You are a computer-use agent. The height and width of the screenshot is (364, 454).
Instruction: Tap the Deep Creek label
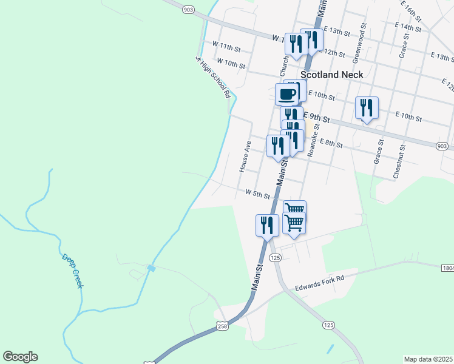coord(72,271)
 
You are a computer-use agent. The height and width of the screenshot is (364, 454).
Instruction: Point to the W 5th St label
coord(257,193)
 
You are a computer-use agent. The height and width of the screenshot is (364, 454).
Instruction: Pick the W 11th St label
coord(226,45)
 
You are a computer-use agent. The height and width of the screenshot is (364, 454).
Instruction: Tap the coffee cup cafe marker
coord(287,93)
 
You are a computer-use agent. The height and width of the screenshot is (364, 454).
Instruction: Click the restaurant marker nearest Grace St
coord(367,108)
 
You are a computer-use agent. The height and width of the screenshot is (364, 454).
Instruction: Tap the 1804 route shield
coord(447,267)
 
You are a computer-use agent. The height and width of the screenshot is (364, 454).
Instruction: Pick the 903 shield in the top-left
coord(188,9)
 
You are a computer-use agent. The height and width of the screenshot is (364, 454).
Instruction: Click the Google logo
coord(20,357)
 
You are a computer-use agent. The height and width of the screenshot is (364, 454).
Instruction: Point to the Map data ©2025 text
coord(428,359)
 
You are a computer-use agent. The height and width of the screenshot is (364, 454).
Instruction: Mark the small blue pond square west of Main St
coord(151,268)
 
